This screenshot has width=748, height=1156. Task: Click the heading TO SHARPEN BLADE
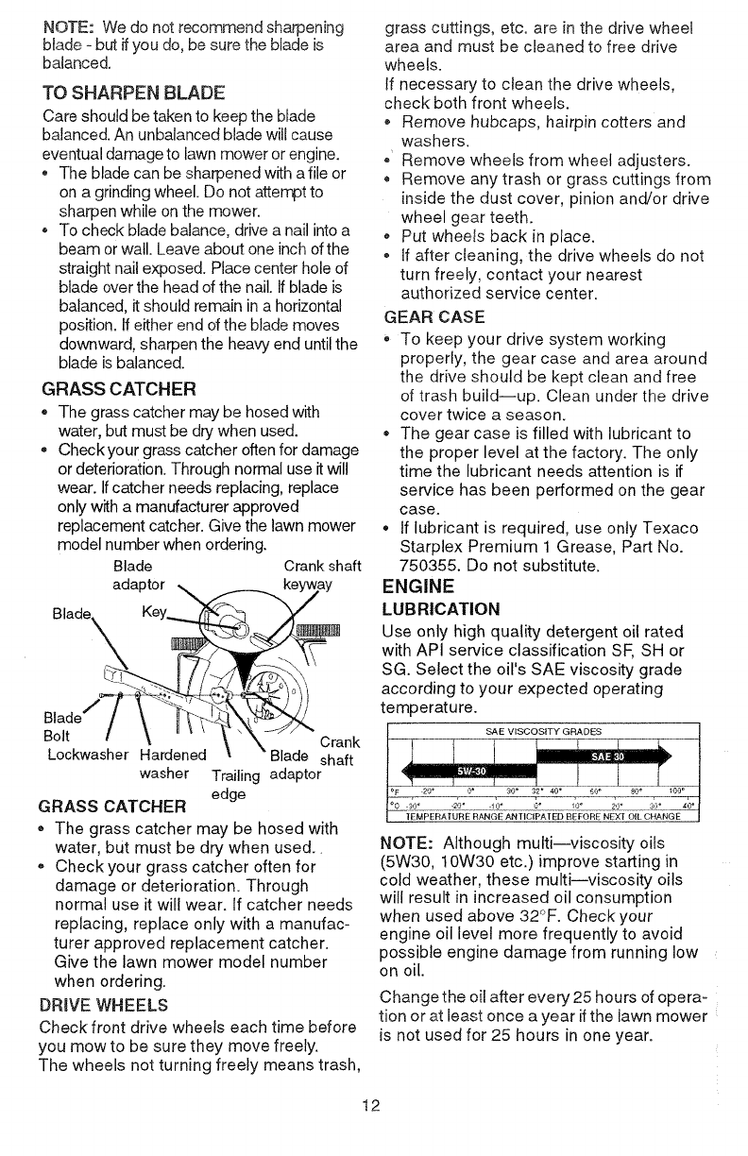127,94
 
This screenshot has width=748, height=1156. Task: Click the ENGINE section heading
419,587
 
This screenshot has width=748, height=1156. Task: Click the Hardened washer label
173,762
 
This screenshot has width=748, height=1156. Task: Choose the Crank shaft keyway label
321,575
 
